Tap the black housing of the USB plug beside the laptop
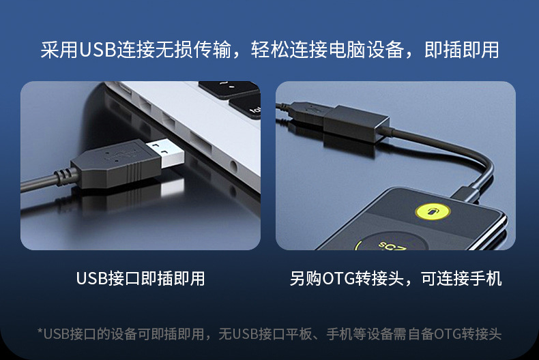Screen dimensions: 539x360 [116, 164]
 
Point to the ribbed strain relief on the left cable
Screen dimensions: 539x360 [63, 176]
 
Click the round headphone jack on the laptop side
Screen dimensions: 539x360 [233, 166]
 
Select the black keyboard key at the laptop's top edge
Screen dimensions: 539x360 [229, 89]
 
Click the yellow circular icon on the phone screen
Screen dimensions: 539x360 [433, 211]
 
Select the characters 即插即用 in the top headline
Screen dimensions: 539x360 [461, 50]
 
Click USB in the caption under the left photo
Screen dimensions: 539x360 [92, 278]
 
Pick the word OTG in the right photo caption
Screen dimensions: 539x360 [338, 278]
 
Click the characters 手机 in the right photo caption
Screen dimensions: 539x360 [485, 278]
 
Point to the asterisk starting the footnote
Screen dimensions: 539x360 [40, 331]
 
